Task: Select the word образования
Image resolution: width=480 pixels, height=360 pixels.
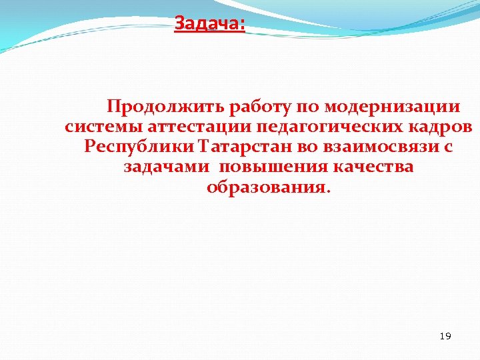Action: pyautogui.click(x=268, y=187)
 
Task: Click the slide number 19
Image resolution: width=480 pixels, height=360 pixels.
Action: pyautogui.click(x=445, y=336)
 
